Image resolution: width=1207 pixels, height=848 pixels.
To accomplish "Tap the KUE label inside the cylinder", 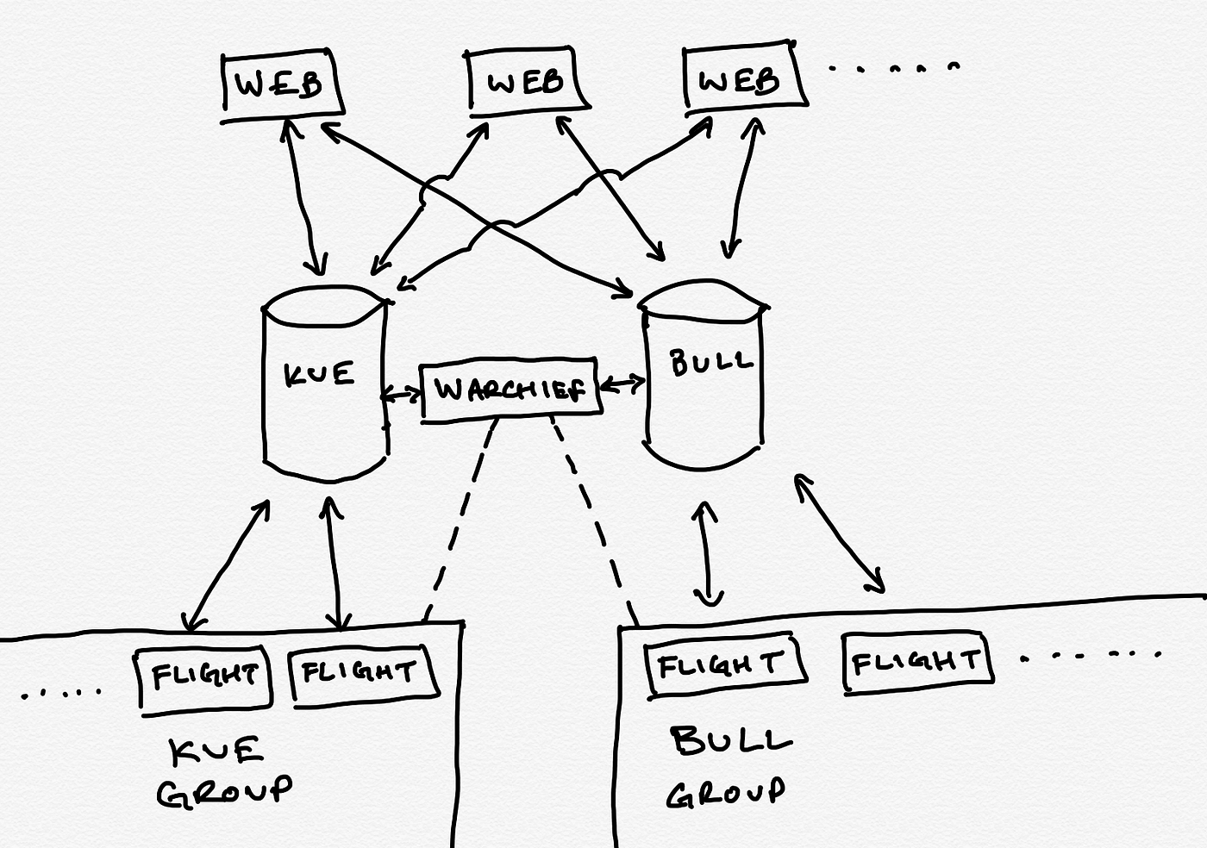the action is point(319,374).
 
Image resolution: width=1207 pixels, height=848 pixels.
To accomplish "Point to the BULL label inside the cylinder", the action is point(711,361).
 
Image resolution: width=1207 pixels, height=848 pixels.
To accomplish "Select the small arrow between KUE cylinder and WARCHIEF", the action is point(402,395).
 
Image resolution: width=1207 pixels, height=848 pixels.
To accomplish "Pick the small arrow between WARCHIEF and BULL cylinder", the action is point(622,384).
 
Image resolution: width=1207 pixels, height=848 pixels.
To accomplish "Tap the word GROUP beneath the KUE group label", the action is point(224,791).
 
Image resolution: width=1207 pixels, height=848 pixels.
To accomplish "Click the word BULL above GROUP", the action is point(731,741).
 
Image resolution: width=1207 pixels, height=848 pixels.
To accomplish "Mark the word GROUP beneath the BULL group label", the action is point(725,793).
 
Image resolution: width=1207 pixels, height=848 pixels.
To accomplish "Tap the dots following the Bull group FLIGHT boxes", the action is point(1091,656).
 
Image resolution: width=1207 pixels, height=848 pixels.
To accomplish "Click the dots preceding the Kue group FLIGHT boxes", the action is point(61,694).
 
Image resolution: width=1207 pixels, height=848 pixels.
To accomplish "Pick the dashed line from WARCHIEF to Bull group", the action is point(593,521).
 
